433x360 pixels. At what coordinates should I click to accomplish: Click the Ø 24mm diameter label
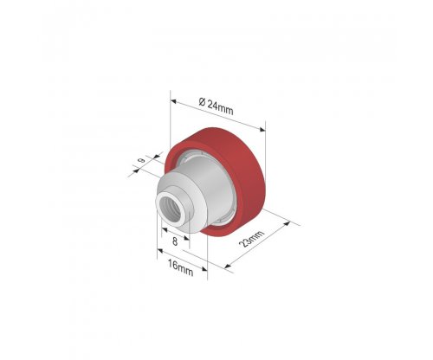pyautogui.click(x=216, y=106)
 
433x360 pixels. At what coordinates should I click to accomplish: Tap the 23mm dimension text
pyautogui.click(x=252, y=239)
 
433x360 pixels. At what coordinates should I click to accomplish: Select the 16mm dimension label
pyautogui.click(x=180, y=268)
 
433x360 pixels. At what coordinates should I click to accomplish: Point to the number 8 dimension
pyautogui.click(x=175, y=241)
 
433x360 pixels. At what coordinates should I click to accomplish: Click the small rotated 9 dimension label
pyautogui.click(x=141, y=160)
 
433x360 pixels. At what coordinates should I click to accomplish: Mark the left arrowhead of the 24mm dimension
pyautogui.click(x=173, y=101)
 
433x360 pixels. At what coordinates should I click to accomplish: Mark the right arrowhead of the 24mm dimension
pyautogui.click(x=262, y=130)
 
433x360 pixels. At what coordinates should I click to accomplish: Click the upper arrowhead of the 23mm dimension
pyautogui.click(x=287, y=223)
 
